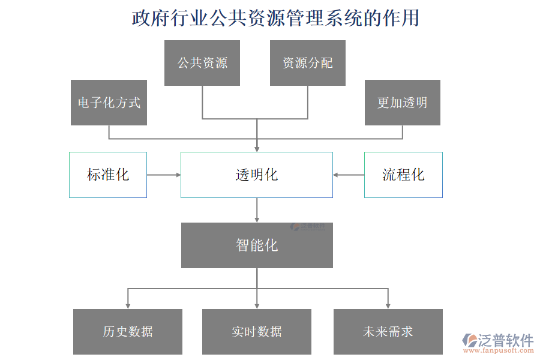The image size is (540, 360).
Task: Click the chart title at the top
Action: [275, 18]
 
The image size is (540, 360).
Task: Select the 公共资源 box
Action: [202, 63]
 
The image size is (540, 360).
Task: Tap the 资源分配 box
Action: [308, 63]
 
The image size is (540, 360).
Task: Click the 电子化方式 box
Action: [109, 103]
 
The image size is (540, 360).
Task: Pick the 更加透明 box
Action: [403, 103]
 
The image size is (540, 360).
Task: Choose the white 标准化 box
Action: [108, 175]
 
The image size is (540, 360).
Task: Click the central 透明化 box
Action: [257, 175]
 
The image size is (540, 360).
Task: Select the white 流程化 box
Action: [403, 175]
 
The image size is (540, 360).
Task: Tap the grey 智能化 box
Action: [257, 245]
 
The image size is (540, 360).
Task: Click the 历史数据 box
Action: [128, 332]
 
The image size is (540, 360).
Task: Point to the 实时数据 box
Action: [257, 332]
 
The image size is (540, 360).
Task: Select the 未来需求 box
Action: [388, 332]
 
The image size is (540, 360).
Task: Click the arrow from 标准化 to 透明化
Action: [163, 175]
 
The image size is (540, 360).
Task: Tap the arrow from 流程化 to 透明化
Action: [349, 175]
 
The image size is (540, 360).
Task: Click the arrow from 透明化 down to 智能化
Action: [257, 209]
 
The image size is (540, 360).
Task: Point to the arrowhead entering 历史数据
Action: [128, 305]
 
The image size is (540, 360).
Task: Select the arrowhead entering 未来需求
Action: [388, 305]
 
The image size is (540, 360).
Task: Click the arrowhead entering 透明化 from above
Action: [257, 148]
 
